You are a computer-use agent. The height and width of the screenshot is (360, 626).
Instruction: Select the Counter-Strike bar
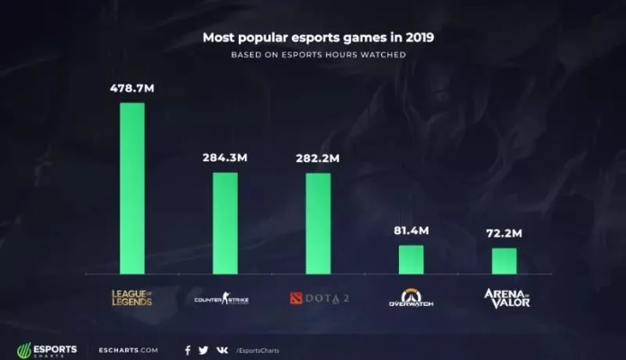(x=225, y=222)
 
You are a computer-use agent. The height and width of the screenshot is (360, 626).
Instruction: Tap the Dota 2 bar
(x=318, y=222)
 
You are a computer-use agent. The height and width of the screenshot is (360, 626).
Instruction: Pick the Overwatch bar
(x=411, y=259)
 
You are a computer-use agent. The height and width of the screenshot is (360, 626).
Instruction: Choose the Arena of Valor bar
(x=504, y=260)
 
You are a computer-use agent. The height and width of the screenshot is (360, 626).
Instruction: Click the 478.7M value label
(x=132, y=88)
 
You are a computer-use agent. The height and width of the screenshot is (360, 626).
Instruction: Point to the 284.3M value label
(x=225, y=158)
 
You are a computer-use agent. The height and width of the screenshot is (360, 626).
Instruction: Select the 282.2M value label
(x=318, y=158)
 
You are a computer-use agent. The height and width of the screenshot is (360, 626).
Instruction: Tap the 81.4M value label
(x=411, y=231)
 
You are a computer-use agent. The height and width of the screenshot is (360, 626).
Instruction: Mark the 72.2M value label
(x=504, y=234)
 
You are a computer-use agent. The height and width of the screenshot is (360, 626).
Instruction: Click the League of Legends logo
(x=132, y=297)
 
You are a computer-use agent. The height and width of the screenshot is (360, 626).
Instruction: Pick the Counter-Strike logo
(x=222, y=298)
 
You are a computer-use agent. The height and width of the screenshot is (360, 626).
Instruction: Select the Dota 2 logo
(x=318, y=298)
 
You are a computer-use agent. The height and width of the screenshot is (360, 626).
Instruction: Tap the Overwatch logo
(x=411, y=298)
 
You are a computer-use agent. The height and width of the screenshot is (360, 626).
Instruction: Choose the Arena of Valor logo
(x=506, y=297)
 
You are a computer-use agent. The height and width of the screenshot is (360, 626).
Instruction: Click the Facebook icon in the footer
(x=187, y=350)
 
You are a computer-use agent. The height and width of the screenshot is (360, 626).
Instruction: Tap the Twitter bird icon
(x=204, y=350)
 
